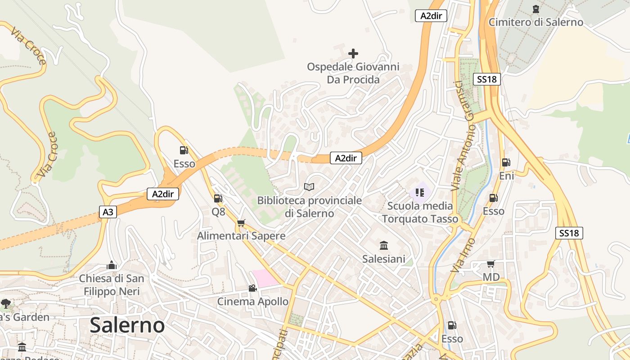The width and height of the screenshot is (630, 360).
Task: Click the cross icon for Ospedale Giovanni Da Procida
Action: (353, 54)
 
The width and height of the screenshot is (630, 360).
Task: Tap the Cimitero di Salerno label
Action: (535, 22)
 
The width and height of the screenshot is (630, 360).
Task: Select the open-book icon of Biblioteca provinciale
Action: (309, 187)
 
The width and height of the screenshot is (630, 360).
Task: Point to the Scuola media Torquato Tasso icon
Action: (420, 193)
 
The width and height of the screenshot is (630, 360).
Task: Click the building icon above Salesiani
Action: (384, 245)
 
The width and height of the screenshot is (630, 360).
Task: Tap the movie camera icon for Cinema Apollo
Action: (252, 288)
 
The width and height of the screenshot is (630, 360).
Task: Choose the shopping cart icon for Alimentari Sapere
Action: (241, 223)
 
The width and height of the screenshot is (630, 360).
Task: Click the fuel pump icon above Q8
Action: (218, 198)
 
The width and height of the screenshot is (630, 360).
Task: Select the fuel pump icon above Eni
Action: (506, 162)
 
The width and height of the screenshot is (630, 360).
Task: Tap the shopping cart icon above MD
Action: (490, 264)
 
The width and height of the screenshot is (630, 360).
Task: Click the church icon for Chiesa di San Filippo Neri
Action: (112, 265)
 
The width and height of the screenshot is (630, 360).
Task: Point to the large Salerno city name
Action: (127, 325)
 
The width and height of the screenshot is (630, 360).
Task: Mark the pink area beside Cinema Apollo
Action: (265, 277)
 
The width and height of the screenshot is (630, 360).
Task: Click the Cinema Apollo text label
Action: (252, 301)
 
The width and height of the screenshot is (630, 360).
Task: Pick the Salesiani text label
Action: (384, 259)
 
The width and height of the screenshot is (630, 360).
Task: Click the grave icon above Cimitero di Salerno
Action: (535, 9)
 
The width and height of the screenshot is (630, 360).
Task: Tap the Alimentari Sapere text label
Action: (241, 236)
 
